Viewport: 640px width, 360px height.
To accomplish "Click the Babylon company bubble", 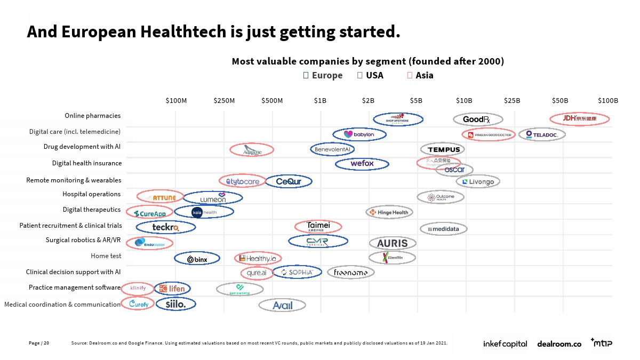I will pos(359,134).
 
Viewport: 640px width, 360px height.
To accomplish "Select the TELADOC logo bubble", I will pos(542,134).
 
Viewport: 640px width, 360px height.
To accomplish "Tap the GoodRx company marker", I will pos(478,119).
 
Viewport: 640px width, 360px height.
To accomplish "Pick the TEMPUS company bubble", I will pos(443,150).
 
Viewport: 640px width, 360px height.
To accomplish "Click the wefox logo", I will pos(362,164).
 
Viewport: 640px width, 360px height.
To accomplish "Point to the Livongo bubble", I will pos(478,182).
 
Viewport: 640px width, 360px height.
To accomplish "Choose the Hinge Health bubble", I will pos(389,212).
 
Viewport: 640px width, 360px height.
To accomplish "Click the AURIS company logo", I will pos(393,243).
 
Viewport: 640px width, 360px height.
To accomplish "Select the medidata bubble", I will pos(444,229).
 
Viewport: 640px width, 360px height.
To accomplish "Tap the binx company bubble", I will pos(197,259).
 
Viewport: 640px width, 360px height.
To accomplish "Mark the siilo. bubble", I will pos(175,304).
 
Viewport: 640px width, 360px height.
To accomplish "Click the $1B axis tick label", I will pos(320,100).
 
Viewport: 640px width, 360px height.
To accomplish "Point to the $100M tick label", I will pos(176,100).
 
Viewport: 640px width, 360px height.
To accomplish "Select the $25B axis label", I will pos(512,100).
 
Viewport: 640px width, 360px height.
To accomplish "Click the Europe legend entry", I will pos(323,75).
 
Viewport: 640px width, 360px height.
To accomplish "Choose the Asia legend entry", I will pos(420,75).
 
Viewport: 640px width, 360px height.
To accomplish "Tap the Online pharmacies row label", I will pos(92,116).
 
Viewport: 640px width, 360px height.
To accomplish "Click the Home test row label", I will pos(106,256).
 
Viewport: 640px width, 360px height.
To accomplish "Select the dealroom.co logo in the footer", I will pos(559,344).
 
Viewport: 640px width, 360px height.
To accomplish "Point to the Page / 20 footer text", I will pos(39,343).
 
